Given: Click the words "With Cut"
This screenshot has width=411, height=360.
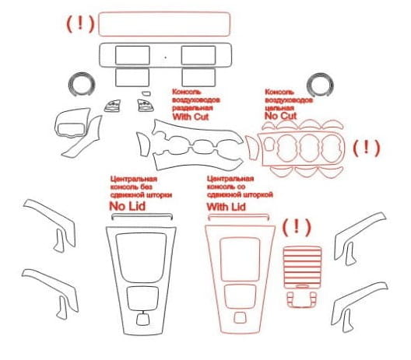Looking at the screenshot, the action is point(191,117).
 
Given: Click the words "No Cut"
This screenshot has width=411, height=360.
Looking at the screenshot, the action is point(280,116).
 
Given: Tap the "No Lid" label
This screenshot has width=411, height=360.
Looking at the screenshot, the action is point(127,206).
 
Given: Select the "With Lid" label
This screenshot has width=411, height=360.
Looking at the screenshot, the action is point(227,207).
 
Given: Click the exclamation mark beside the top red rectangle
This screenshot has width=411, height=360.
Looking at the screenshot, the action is point(80,23).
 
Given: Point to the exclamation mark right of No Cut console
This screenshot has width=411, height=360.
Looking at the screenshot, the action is point(367,148).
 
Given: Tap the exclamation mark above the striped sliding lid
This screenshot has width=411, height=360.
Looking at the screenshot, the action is point(297,227).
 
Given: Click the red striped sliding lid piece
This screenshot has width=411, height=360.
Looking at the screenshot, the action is point(302,267).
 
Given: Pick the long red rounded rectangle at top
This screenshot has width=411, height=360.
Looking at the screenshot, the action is point(164,12).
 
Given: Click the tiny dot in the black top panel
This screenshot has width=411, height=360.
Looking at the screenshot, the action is point(165,58).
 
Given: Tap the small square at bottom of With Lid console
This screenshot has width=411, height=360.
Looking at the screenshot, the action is point(240,317).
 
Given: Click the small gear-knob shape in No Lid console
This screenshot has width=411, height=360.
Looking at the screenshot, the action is point(143,319).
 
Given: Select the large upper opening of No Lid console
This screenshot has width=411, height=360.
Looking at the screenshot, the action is point(141,257).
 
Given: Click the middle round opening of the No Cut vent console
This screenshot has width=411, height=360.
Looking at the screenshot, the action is point(308,149).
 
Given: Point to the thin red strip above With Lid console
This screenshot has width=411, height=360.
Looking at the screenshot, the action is point(238,215).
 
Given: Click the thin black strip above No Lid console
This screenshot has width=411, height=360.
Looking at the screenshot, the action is point(142,215).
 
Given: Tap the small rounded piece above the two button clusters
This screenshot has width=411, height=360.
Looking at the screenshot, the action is point(146,93).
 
